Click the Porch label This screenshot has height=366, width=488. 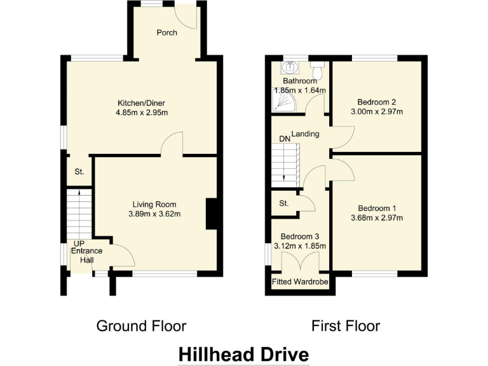point(167,33)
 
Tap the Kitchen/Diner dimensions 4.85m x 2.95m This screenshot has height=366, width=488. point(142,113)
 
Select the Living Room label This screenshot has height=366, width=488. point(154,204)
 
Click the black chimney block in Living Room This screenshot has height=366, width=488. point(212,213)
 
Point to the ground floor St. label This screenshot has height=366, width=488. point(79,172)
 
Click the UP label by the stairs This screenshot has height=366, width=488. point(79,243)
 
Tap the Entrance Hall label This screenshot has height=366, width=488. point(86,255)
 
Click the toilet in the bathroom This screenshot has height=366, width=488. point(317,70)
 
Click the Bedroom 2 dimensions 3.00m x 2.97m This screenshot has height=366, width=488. point(377,112)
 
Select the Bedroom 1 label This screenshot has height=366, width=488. point(377,208)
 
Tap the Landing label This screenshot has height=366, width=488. point(305,134)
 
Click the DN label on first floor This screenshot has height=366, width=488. point(284,139)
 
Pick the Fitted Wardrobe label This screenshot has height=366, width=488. point(300,281)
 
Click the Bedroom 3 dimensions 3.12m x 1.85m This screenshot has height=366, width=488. point(300,246)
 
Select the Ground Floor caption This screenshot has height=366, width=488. point(141,326)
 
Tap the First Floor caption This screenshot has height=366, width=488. point(346,326)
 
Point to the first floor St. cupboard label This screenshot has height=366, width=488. point(283,203)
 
